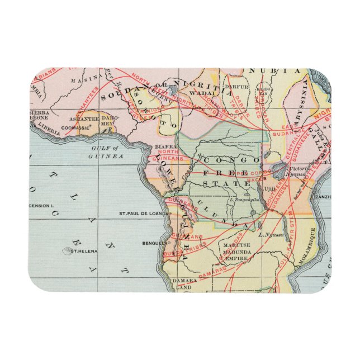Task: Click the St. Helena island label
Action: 84,251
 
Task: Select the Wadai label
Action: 198,93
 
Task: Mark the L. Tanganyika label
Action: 246,200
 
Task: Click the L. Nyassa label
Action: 272,235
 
